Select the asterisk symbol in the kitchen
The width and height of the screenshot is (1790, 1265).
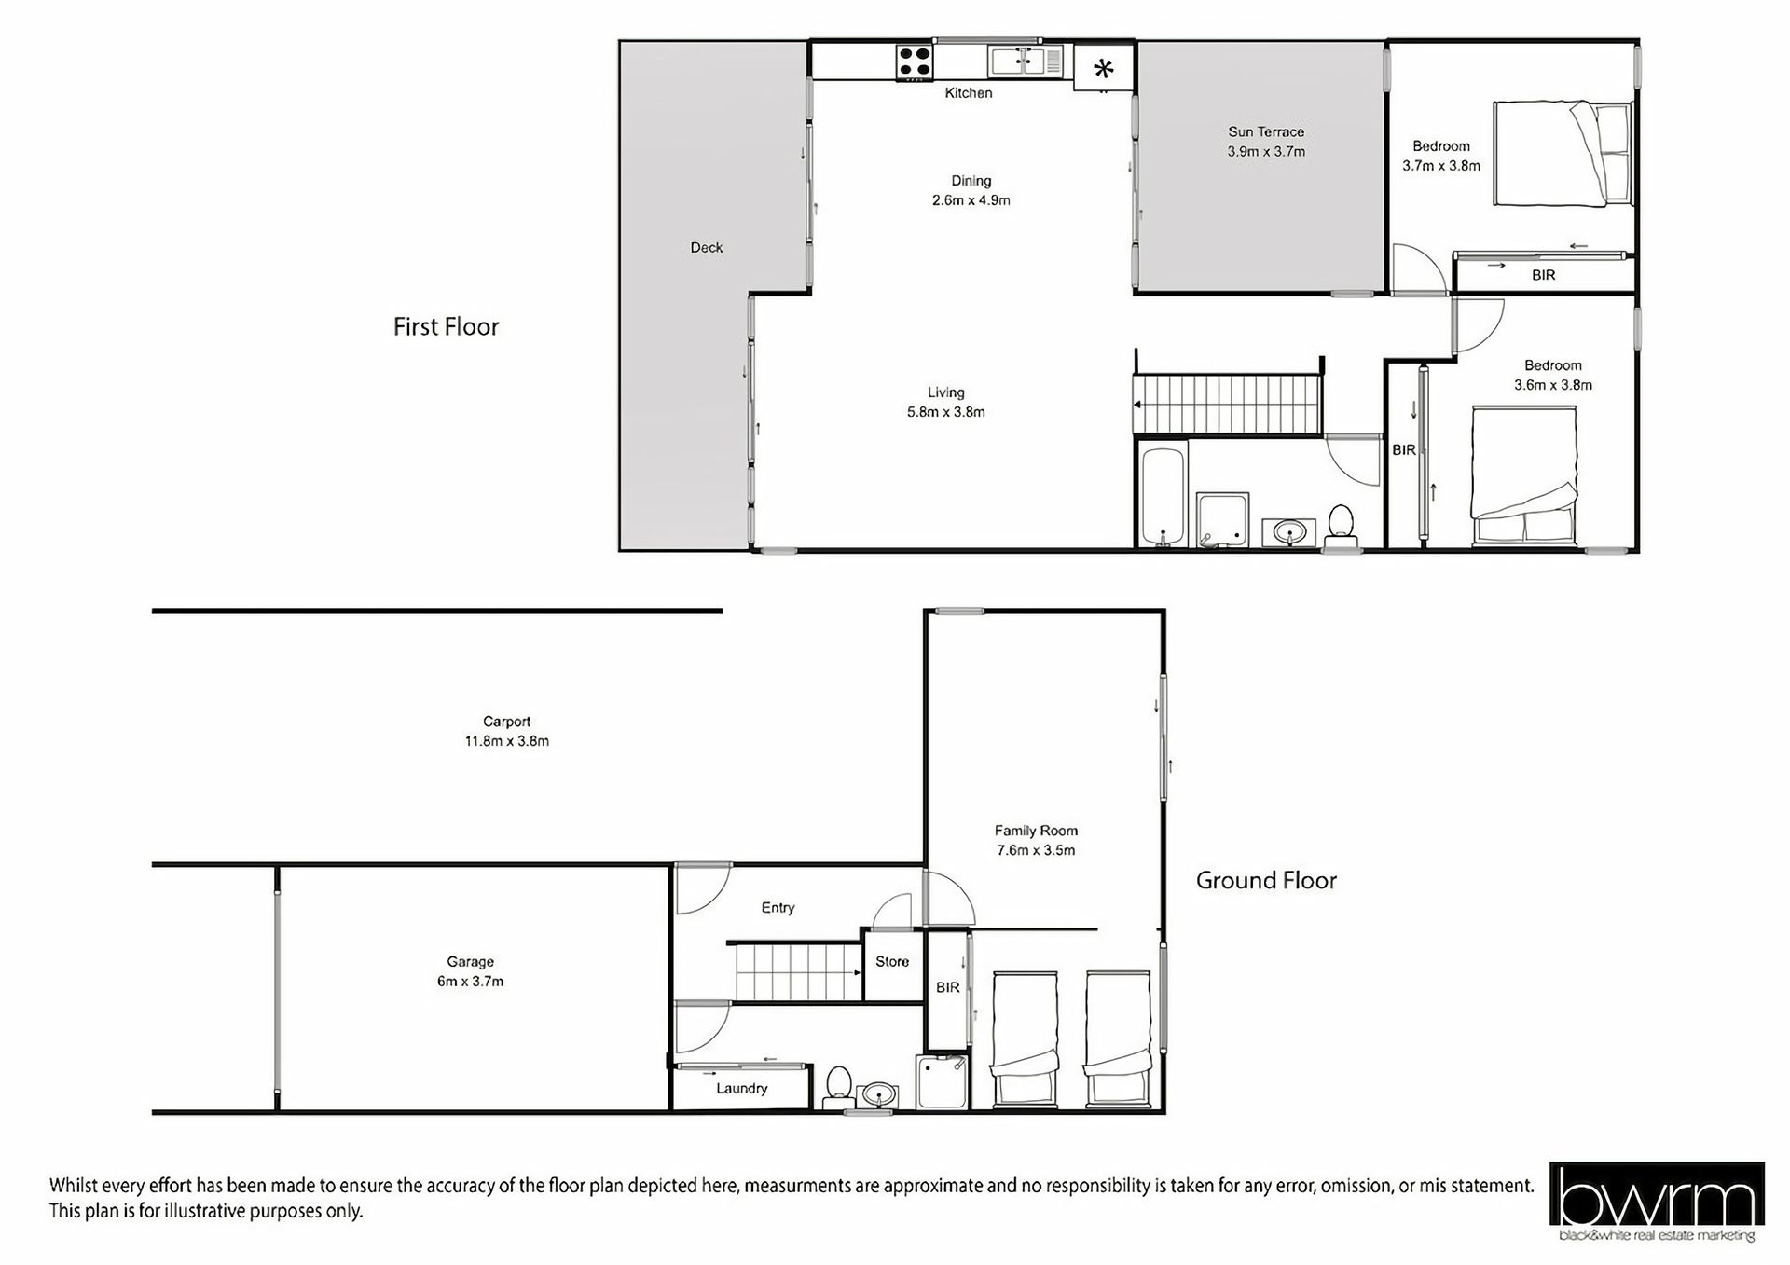point(1104,68)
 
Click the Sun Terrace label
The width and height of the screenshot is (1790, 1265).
point(1266,131)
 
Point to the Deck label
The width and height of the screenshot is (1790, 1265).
point(707,247)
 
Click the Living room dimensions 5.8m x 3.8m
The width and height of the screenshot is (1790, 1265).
point(946,412)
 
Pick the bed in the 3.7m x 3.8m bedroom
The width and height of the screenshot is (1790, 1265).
point(1563,154)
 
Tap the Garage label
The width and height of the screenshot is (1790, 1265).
point(470,961)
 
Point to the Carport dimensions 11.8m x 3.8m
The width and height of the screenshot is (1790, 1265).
point(507,741)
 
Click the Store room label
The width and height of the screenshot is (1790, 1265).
point(892,961)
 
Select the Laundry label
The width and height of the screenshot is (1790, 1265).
point(742,1088)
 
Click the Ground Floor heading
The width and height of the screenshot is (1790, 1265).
point(1266,880)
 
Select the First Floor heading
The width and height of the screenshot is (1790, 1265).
point(446,326)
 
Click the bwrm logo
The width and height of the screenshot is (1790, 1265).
point(1657,1202)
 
